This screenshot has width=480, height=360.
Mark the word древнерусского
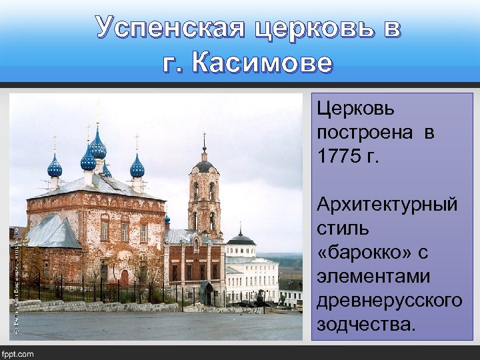pyautogui.click(x=389, y=299)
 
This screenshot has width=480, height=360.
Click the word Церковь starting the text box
pyautogui.click(x=355, y=109)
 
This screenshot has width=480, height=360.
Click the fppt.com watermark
pyautogui.click(x=18, y=353)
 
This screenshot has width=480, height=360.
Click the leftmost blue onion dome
pyautogui.click(x=55, y=166)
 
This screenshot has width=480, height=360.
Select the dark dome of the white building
pyautogui.click(x=241, y=239)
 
